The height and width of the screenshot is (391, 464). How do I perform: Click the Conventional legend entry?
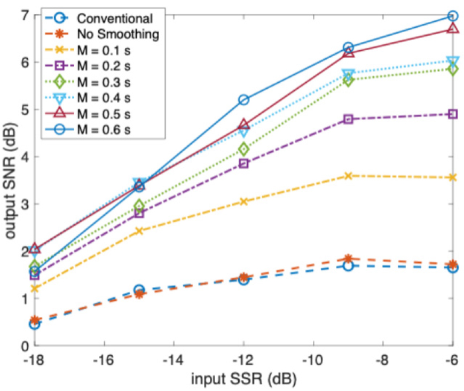[114, 18]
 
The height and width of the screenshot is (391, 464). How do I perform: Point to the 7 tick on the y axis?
[24, 15]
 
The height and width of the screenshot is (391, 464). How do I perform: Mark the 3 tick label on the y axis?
[24, 204]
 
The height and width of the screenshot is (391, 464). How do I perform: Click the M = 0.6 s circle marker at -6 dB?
[453, 16]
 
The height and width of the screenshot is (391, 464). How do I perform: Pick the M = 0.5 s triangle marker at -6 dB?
[453, 28]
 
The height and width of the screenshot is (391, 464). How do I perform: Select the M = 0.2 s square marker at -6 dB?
[453, 114]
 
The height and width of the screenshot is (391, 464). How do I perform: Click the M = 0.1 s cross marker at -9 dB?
[348, 176]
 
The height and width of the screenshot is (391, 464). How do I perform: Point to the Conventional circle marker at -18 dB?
[35, 324]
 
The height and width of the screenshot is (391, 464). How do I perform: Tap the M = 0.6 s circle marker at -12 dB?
[243, 100]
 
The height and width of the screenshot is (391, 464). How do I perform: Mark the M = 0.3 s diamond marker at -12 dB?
[243, 149]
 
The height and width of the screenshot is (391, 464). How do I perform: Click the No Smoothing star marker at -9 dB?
[348, 259]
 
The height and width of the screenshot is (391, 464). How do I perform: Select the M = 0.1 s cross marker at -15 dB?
[139, 231]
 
